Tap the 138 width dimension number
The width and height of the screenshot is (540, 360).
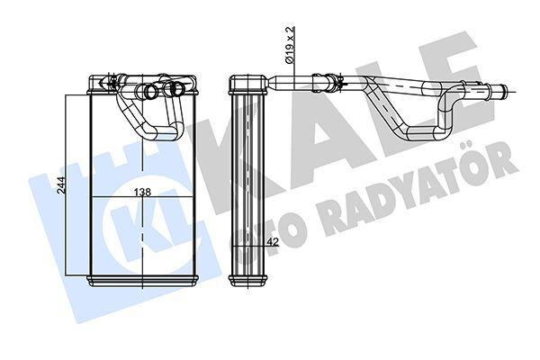click(141, 190)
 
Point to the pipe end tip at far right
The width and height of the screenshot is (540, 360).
click(505, 90)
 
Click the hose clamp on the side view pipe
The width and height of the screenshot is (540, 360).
click(337, 83)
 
